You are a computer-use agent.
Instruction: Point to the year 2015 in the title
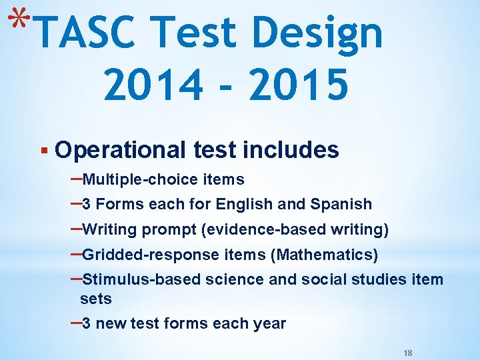pyautogui.click(x=300, y=86)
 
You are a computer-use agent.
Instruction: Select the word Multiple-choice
pyautogui.click(x=140, y=179)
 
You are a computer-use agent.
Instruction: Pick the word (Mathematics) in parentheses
pyautogui.click(x=326, y=255)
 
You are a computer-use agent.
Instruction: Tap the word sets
pyautogui.click(x=96, y=298)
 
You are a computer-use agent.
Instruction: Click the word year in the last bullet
pyautogui.click(x=269, y=324)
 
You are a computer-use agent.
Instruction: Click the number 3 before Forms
pyautogui.click(x=86, y=204)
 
